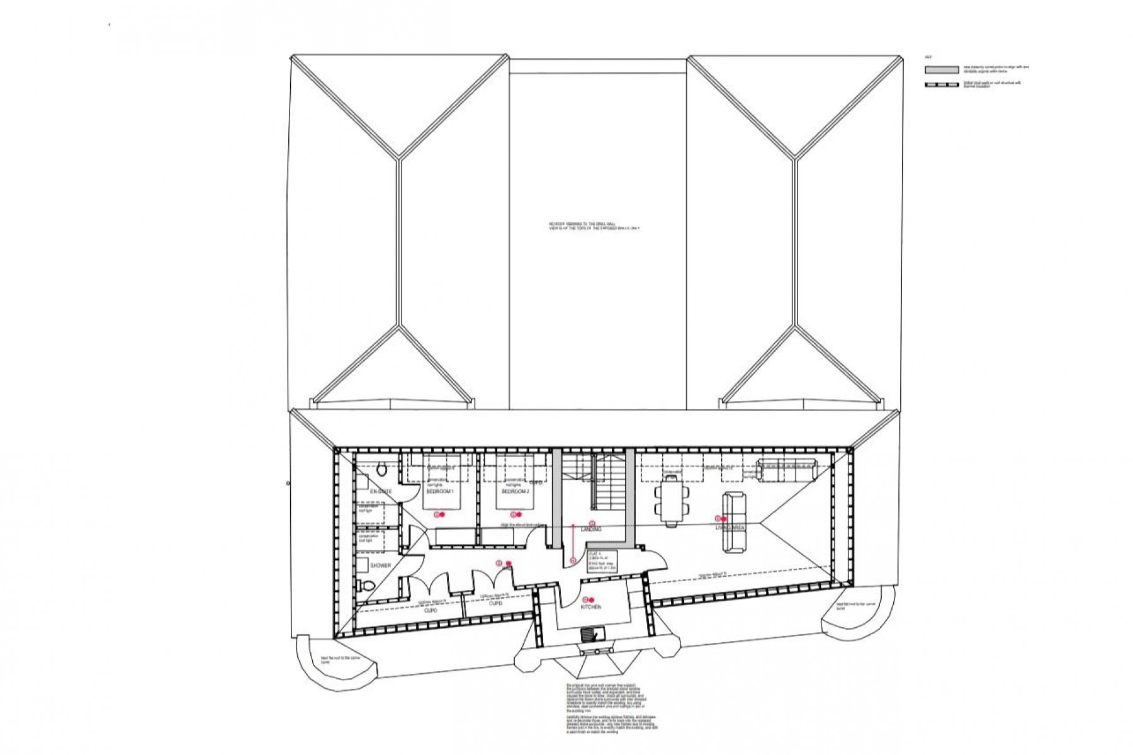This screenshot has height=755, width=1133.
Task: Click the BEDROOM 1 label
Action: [440, 491]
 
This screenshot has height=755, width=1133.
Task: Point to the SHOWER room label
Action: [381, 565]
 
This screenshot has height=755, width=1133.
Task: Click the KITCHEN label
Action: [591, 607]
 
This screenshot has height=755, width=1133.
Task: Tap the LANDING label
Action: [591, 530]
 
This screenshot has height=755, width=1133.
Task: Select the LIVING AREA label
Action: [730, 528]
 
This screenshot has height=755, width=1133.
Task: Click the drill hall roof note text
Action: [594, 226]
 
